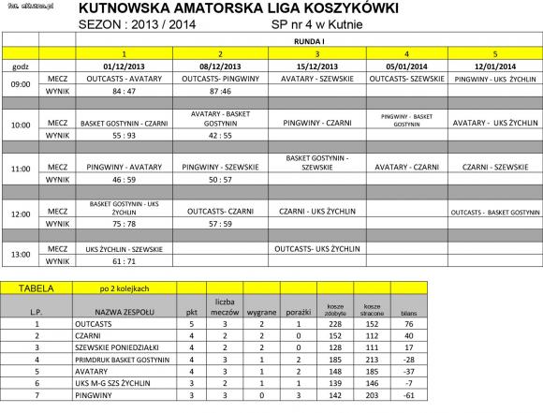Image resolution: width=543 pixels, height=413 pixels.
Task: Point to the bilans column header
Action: tap(408, 311)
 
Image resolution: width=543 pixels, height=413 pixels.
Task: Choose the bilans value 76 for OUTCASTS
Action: tap(408, 322)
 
